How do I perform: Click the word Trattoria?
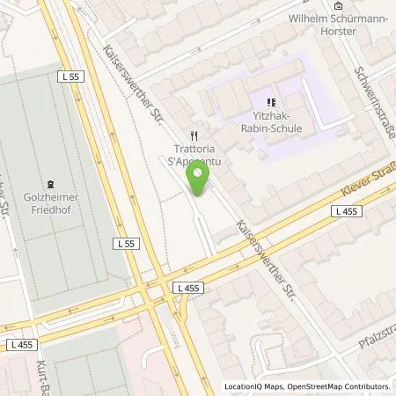click(x=194, y=149)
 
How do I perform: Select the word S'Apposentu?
click(x=194, y=160)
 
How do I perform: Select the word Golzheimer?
click(x=49, y=197)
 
